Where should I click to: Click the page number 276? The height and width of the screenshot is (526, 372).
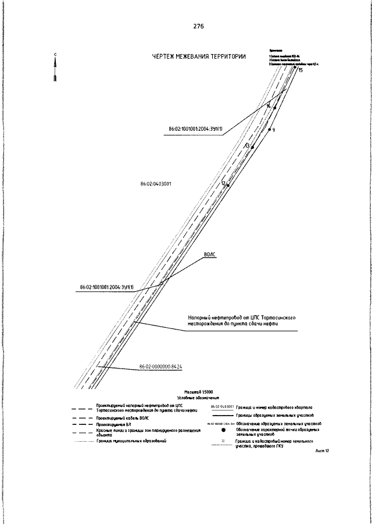click(198, 27)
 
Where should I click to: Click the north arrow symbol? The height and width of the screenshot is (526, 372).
click(55, 69)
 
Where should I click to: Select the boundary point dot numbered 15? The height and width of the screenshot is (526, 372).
click(295, 69)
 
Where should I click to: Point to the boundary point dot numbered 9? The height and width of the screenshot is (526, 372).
click(269, 130)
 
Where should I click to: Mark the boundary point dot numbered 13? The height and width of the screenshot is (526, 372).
click(252, 147)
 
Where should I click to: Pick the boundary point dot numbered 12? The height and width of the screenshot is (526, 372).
click(228, 185)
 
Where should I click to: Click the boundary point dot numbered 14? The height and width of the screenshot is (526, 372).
click(275, 108)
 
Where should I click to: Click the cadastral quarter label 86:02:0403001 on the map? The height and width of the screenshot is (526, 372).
click(155, 184)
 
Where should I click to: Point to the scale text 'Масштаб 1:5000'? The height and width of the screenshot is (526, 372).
click(198, 392)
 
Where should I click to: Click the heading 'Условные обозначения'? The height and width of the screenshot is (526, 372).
click(198, 399)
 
